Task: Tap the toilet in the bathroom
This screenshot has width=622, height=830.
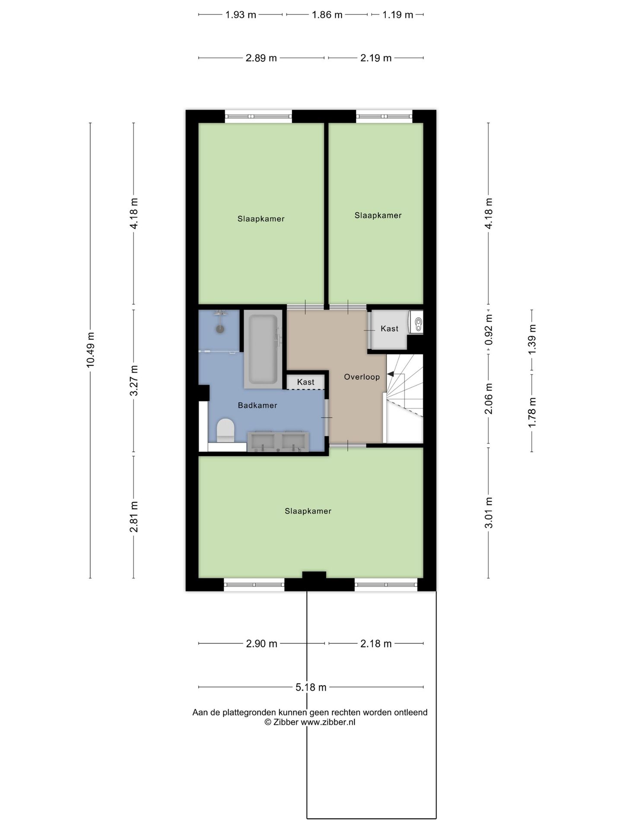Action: tap(225, 430)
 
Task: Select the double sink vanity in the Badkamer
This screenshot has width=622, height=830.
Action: tap(278, 441)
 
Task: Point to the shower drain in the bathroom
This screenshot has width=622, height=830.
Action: tap(220, 329)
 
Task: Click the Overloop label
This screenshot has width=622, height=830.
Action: tap(362, 377)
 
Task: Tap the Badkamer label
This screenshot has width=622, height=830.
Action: tap(257, 405)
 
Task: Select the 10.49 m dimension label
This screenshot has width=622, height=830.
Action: tap(90, 350)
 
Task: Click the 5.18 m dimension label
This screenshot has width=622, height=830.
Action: tap(311, 687)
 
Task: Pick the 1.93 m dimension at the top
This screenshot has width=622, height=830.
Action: tap(241, 15)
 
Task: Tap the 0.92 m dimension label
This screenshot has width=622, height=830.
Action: tap(489, 329)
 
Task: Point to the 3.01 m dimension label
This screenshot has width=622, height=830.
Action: tap(489, 513)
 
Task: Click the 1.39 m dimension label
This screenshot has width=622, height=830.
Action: tap(532, 339)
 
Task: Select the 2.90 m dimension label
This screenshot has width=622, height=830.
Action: tap(261, 644)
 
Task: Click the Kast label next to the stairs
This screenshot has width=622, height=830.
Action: tap(389, 329)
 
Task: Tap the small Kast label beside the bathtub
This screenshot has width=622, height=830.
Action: tap(305, 382)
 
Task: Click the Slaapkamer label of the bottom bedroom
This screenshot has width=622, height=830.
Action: tap(308, 511)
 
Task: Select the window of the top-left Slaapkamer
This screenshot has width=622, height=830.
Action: tap(258, 116)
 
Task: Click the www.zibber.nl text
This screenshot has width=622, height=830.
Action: tap(328, 722)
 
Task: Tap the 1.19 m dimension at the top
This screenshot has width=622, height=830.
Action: tap(397, 15)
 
